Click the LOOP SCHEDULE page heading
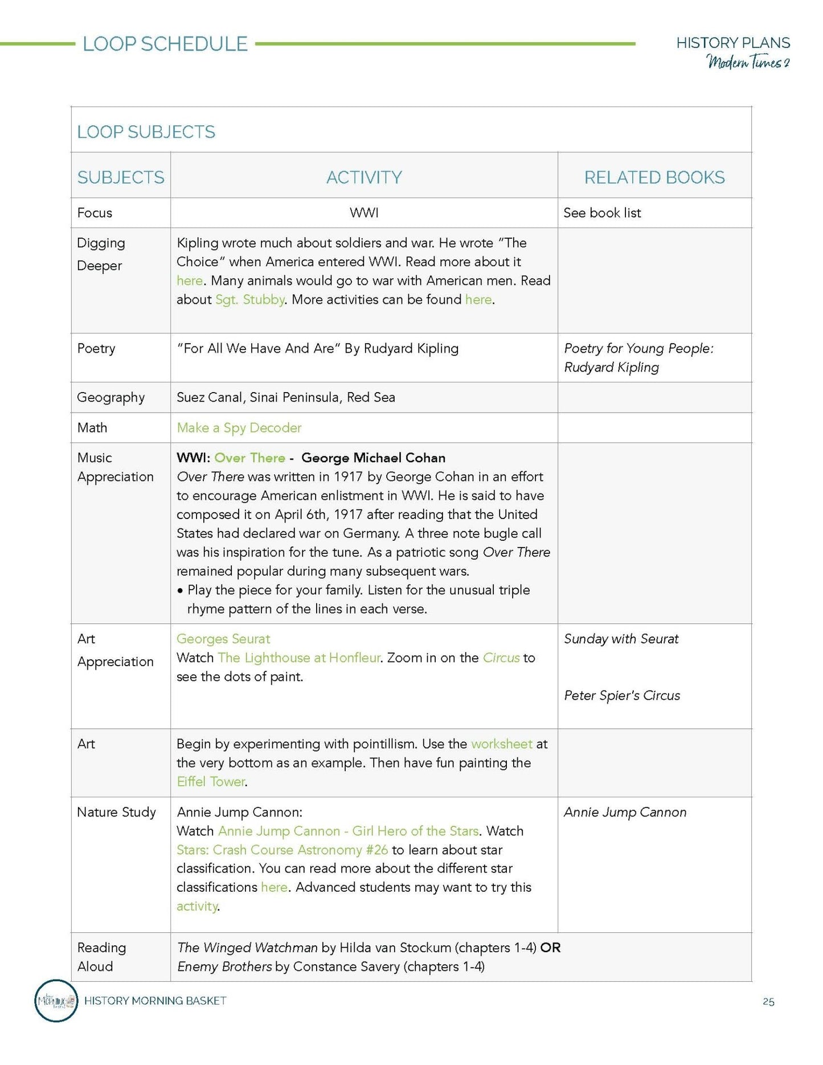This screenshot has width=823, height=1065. (x=165, y=44)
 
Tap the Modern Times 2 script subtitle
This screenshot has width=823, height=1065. (x=748, y=62)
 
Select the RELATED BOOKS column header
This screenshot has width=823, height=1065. (x=654, y=177)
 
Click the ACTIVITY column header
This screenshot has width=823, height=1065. (x=364, y=177)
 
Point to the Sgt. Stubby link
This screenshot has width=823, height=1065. (x=249, y=300)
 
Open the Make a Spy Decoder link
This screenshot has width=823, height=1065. (x=239, y=428)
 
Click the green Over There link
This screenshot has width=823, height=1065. (x=249, y=458)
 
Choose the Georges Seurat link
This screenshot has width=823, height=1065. (x=223, y=639)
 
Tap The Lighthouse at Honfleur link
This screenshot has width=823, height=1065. (x=298, y=658)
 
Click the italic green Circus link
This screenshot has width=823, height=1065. (x=501, y=658)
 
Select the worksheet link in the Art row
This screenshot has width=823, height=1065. (x=501, y=744)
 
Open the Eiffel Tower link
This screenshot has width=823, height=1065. (x=211, y=782)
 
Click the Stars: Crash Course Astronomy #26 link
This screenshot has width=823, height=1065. (x=282, y=850)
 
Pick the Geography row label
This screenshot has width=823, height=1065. (x=110, y=398)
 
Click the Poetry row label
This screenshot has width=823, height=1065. (x=96, y=349)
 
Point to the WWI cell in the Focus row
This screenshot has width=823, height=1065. (x=364, y=213)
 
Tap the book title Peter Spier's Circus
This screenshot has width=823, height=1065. (x=622, y=696)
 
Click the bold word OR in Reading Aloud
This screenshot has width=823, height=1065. (x=550, y=948)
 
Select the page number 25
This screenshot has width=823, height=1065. (x=768, y=1002)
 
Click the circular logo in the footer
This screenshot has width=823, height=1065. (x=56, y=1001)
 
